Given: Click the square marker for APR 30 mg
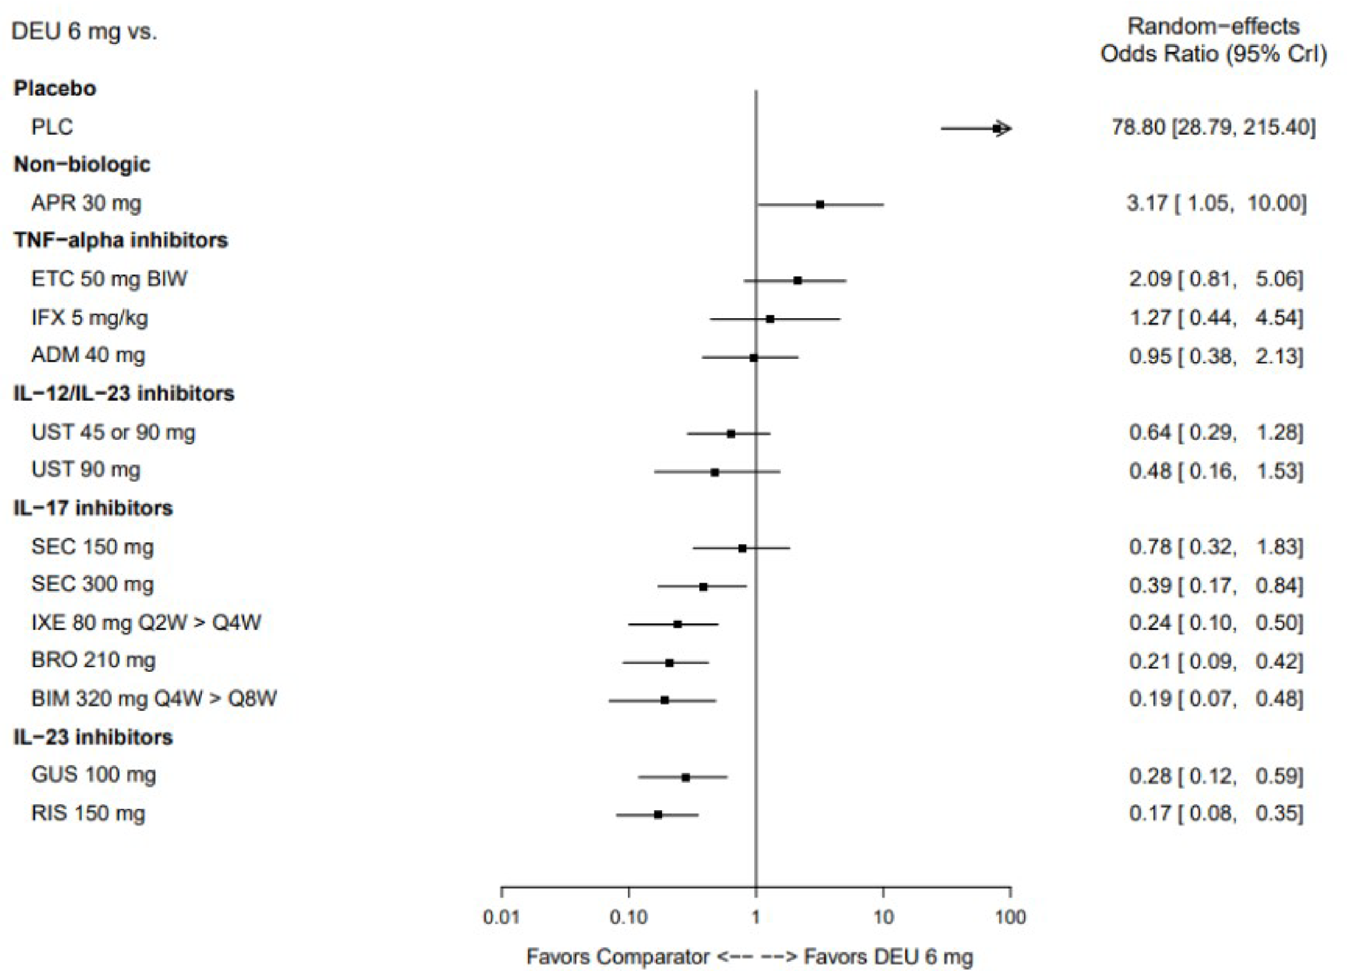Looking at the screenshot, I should point(820,204).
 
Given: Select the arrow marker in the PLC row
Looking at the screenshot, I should point(1000,129).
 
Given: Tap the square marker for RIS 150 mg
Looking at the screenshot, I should point(658,815).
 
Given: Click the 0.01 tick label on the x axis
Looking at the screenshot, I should point(501,917).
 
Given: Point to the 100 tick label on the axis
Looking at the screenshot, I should point(1010,917).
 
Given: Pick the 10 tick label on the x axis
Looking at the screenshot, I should point(883,917).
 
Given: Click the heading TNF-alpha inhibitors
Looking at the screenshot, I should point(121,240).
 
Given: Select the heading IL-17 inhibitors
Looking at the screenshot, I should point(93,508).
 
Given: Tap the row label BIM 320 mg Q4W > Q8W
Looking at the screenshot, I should point(153,698).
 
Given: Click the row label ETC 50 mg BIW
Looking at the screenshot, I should point(109,278).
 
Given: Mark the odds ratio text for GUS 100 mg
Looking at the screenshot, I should point(1216,776).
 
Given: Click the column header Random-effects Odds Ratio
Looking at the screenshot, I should point(1213,40).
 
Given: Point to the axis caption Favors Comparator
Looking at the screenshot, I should point(618,957).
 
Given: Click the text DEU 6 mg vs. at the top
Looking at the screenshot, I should point(84,32).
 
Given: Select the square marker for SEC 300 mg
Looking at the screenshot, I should point(703,587).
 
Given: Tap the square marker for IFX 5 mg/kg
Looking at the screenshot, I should point(770,319).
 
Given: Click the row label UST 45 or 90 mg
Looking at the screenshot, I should point(113,432).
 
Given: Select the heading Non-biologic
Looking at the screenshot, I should point(82,164).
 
